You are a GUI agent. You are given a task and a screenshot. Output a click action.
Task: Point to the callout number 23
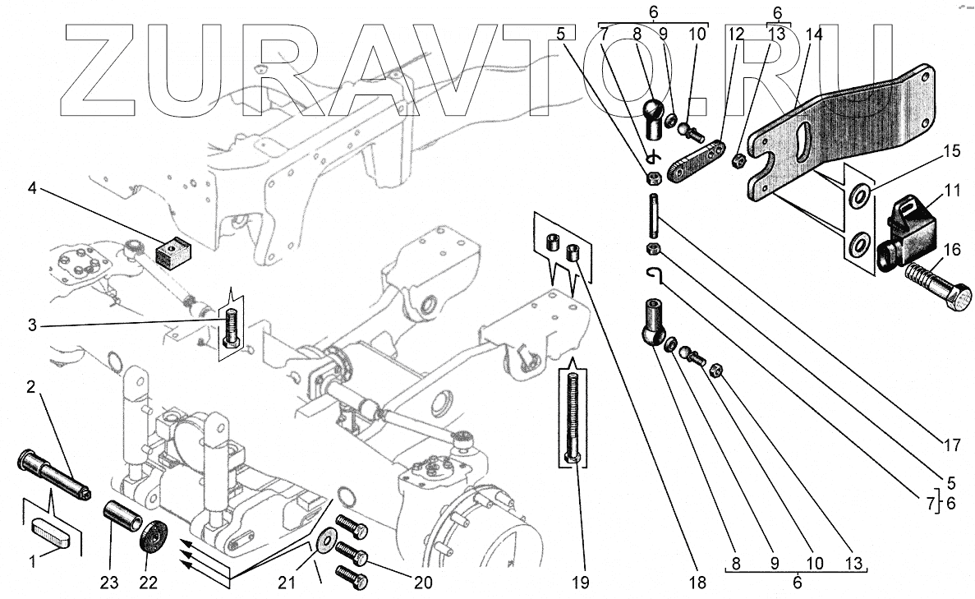pos(109,583)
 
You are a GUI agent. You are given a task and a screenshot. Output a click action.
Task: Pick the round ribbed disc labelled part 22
pos(154,539)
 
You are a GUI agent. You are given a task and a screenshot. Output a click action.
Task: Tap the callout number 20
pos(421,583)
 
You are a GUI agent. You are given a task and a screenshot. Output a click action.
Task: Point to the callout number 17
pos(950,447)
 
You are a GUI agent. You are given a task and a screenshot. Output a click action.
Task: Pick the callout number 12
pos(735,35)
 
